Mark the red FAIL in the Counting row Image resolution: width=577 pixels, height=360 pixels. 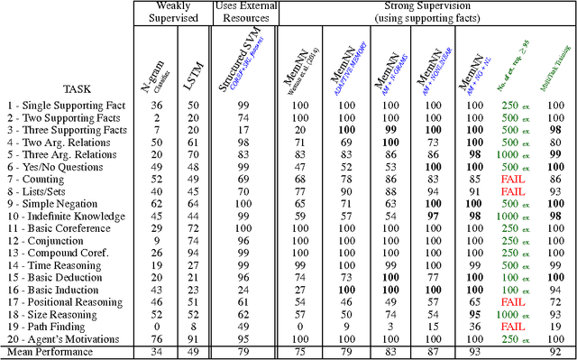tap(512, 180)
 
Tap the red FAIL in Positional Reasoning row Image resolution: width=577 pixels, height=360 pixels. tap(512, 302)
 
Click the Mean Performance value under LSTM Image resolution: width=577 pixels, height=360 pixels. tap(191, 352)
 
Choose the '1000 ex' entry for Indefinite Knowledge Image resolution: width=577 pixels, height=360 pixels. tap(512, 217)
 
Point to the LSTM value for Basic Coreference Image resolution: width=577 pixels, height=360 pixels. tap(191, 229)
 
